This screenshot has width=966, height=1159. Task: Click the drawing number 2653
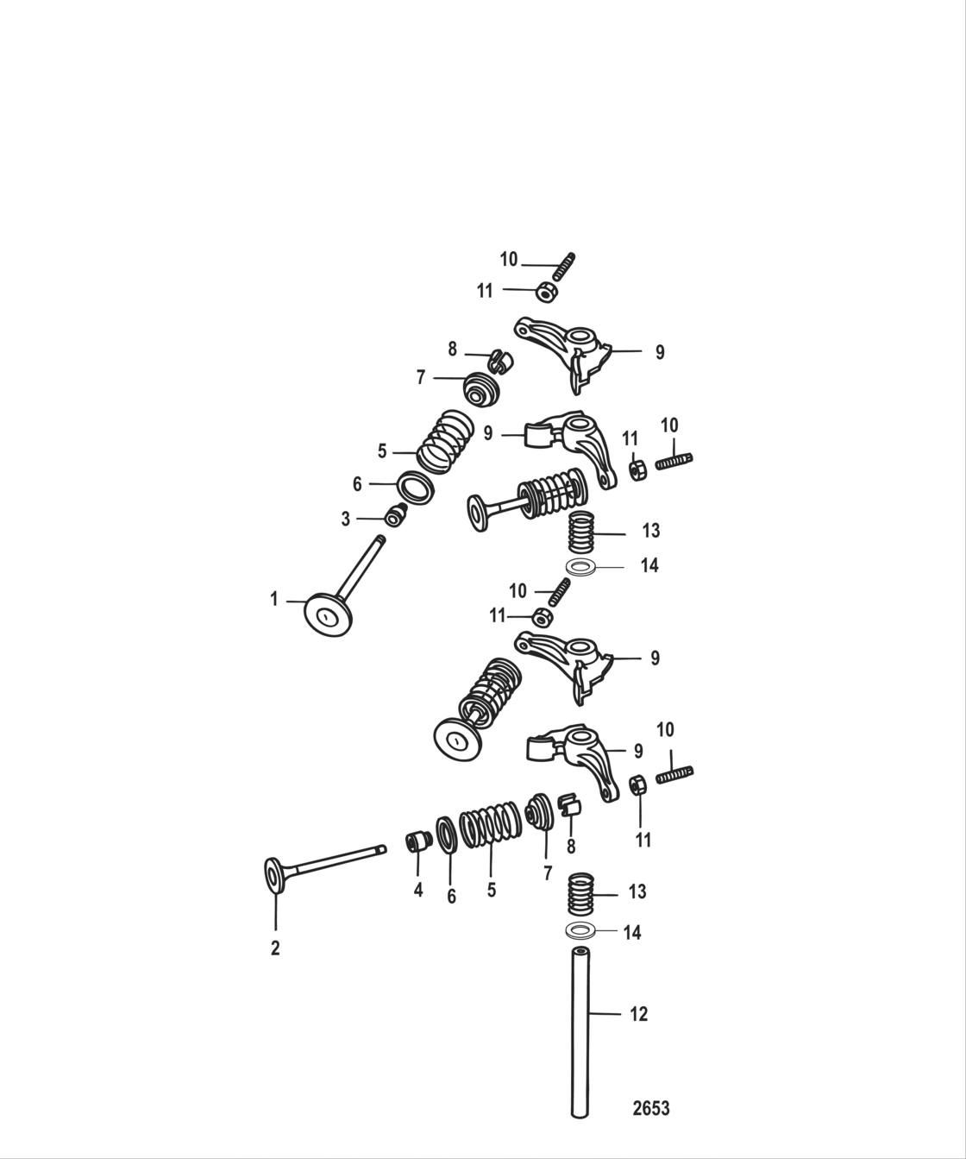pos(651,1108)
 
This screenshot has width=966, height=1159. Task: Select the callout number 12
pos(638,1014)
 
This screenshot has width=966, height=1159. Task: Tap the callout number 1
pos(274,599)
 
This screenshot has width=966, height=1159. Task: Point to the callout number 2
pos(275,948)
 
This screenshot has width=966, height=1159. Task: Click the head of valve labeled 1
pos(328,614)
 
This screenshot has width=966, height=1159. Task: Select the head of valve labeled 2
pos(273,876)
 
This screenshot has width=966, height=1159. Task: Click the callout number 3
pos(346,519)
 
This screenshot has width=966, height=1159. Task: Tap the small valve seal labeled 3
pos(396,515)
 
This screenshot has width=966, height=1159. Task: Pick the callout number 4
pos(418,890)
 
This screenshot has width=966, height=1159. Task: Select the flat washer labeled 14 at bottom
pos(580,931)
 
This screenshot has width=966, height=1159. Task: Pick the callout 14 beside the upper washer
pos(649,565)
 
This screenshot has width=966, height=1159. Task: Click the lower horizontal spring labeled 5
pos(488,827)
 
